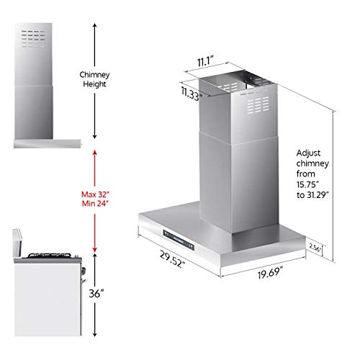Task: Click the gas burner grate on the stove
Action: pos(46,254)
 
